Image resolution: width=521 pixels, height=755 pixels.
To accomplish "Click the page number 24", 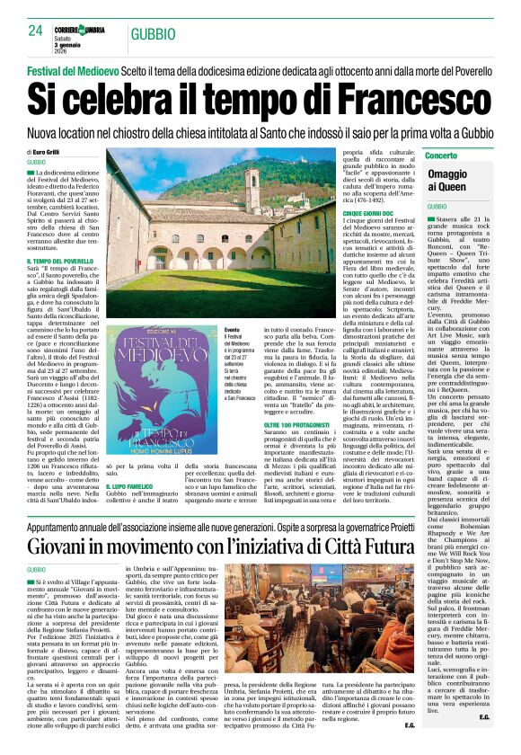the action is tap(35, 31).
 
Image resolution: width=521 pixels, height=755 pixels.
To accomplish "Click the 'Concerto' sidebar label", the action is tap(446, 156).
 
